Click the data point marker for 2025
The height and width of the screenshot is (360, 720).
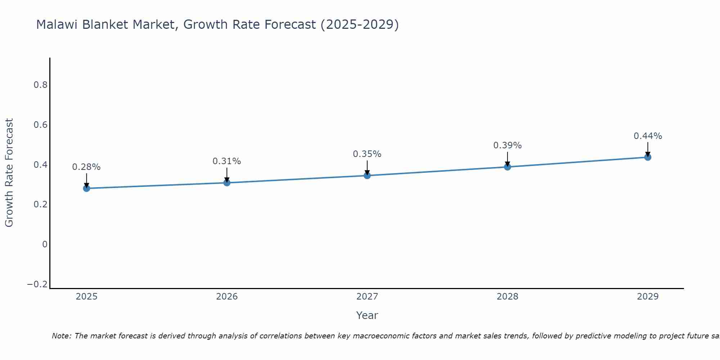click(86, 188)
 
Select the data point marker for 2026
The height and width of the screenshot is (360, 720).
click(227, 183)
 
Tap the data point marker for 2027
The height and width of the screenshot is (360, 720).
click(367, 176)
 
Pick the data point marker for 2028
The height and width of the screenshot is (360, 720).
click(508, 167)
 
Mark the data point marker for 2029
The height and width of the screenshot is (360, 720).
click(648, 157)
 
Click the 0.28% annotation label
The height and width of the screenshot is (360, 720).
click(86, 167)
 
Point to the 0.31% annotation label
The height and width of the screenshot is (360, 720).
click(227, 161)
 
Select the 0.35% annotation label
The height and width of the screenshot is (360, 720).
click(367, 154)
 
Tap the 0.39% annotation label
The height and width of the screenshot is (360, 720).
click(508, 145)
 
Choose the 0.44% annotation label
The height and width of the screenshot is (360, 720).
click(648, 136)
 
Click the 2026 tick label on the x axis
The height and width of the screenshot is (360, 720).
click(227, 297)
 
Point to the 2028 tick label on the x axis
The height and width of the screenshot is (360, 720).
click(508, 297)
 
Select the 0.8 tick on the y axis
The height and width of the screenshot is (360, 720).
click(41, 85)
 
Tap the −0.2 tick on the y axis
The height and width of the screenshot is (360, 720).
click(37, 284)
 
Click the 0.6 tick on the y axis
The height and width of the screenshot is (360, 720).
click(41, 125)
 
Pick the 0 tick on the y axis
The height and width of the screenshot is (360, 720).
click(45, 244)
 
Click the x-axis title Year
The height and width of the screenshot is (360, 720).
click(367, 315)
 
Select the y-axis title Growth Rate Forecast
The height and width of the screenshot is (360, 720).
click(9, 173)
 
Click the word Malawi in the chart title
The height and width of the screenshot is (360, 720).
click(58, 24)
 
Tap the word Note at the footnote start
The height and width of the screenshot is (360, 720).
click(61, 336)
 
